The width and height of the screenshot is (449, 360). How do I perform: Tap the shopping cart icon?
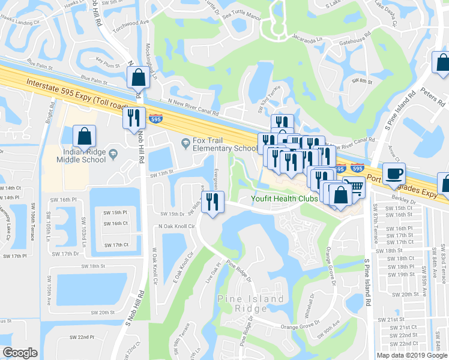point(355,188)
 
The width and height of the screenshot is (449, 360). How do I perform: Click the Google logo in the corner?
point(20,353)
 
